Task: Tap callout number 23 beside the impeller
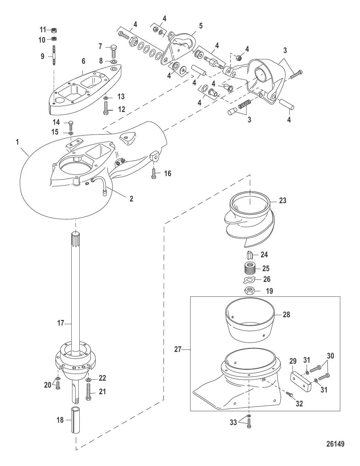click(283, 200)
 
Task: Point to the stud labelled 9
click(54, 55)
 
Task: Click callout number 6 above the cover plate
click(83, 61)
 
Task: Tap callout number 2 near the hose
click(131, 198)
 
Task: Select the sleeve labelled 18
click(76, 420)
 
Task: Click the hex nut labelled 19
click(250, 291)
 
